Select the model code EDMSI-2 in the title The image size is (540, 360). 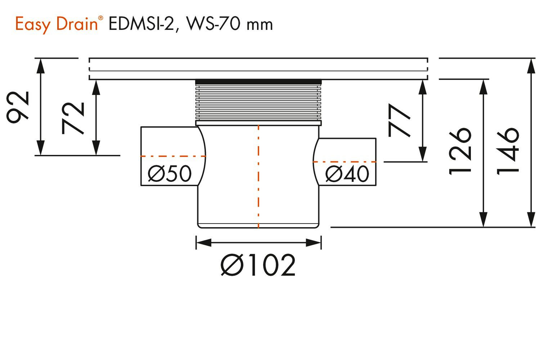click(141, 24)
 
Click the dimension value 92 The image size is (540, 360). click(18, 107)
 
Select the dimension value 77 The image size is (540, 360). click(400, 121)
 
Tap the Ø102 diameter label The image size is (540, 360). click(258, 265)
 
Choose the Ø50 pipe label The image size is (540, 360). click(170, 174)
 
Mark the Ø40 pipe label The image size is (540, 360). click(347, 174)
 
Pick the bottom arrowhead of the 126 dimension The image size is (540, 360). click(483, 220)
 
